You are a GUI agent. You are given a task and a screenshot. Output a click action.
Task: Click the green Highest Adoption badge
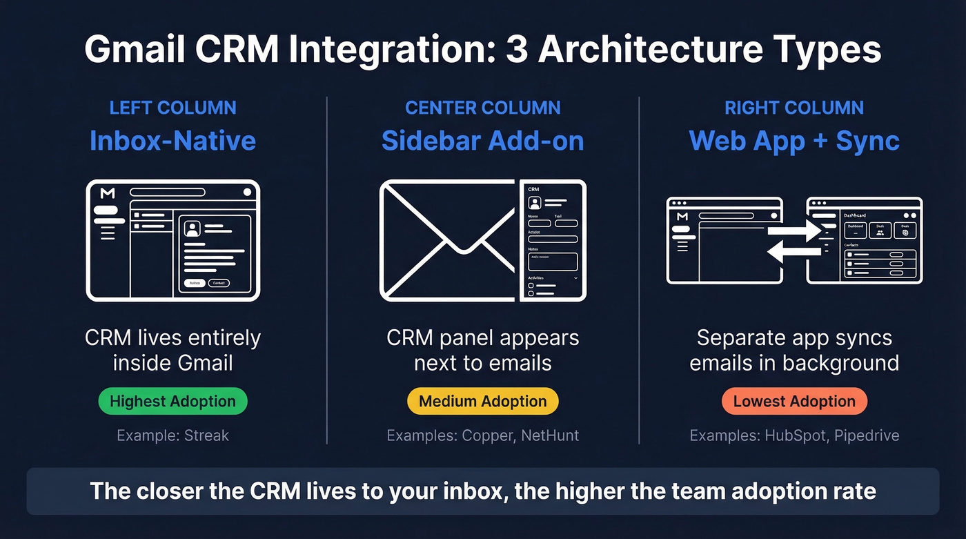(172, 402)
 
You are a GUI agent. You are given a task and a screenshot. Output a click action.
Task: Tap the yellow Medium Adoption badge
(482, 402)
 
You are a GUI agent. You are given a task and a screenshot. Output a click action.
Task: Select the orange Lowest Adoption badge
(794, 402)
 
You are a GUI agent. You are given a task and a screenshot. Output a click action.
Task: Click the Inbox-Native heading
(172, 141)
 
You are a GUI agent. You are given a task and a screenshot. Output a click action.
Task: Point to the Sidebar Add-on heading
(482, 141)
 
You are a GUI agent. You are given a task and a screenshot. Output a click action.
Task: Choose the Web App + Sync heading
(794, 141)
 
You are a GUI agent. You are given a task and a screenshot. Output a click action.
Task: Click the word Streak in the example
(206, 435)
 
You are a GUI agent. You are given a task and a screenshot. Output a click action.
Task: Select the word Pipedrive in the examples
(866, 435)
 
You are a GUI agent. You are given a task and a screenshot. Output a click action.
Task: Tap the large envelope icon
(448, 240)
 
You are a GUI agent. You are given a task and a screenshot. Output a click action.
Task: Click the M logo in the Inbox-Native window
(107, 193)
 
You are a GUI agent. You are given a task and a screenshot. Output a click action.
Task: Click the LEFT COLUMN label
(172, 108)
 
